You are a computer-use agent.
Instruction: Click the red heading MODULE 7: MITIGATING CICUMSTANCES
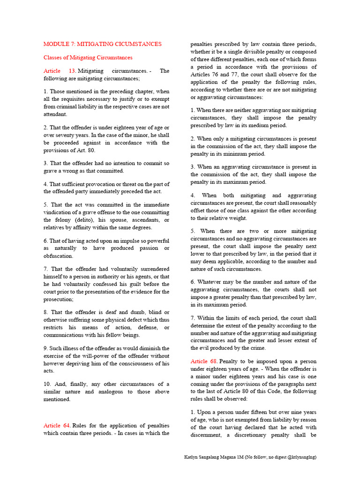102,44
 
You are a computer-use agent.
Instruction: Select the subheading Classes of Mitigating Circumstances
88,58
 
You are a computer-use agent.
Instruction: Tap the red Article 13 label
60,71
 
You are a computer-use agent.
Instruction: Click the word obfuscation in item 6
58,256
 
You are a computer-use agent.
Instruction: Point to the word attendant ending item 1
55,114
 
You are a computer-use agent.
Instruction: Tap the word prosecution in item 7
60,299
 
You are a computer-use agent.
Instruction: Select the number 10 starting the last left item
47,384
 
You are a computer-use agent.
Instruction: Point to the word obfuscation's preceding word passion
140,248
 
